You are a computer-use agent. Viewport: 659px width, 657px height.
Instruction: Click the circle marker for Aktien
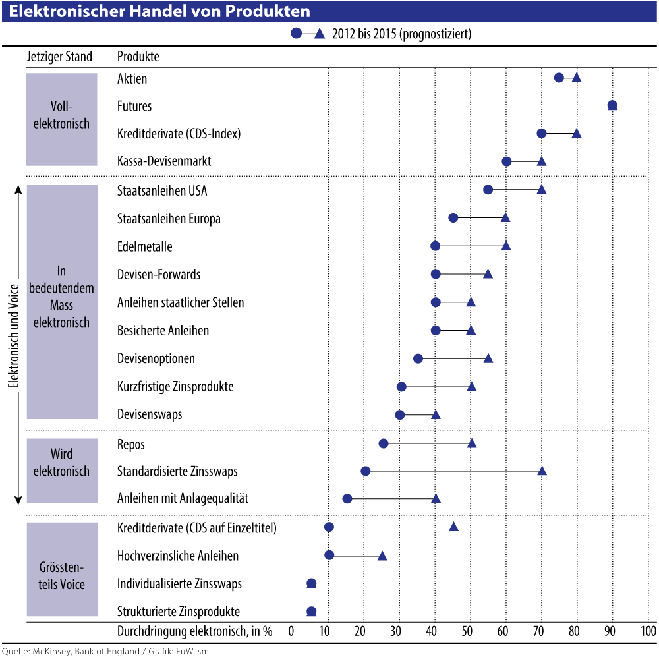559,78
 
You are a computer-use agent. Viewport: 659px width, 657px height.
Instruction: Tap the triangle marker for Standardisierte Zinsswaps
542,471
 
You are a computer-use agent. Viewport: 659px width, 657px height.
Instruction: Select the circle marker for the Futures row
612,105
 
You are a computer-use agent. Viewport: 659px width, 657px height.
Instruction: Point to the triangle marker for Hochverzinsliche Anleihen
382,556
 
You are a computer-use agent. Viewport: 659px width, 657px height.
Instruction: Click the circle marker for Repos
384,443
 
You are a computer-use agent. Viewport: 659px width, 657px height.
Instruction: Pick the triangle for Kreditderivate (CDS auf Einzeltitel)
453,527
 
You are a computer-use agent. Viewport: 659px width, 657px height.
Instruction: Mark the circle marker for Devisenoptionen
418,358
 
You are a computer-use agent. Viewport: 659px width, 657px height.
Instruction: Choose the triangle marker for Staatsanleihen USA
542,190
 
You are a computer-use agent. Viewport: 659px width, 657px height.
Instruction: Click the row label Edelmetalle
144,247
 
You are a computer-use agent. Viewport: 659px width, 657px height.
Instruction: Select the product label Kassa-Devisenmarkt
164,161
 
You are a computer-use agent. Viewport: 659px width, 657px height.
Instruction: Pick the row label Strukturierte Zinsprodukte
178,611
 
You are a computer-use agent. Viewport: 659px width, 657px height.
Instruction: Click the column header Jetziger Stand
59,57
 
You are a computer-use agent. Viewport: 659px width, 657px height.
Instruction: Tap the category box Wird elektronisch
61,463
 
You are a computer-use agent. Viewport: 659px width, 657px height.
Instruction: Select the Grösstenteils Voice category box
61,569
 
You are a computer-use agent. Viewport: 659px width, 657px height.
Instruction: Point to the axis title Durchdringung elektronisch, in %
194,631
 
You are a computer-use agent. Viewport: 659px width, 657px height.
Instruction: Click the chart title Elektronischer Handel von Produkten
159,12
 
